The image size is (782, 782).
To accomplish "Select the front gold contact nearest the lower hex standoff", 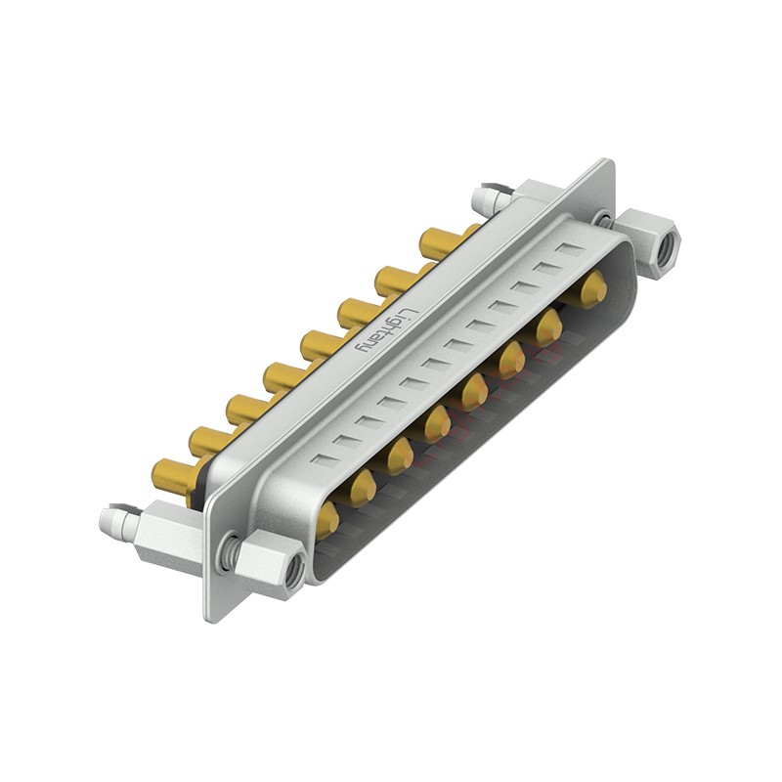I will tap(326, 519).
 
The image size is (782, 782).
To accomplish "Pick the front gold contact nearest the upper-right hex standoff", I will tap(592, 288).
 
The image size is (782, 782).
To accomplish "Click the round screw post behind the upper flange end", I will tap(487, 199).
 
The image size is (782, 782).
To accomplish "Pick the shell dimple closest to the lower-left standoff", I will tap(323, 457).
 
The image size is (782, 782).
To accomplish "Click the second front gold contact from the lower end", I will tap(363, 484).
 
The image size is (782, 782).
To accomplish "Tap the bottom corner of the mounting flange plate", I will tap(211, 616).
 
